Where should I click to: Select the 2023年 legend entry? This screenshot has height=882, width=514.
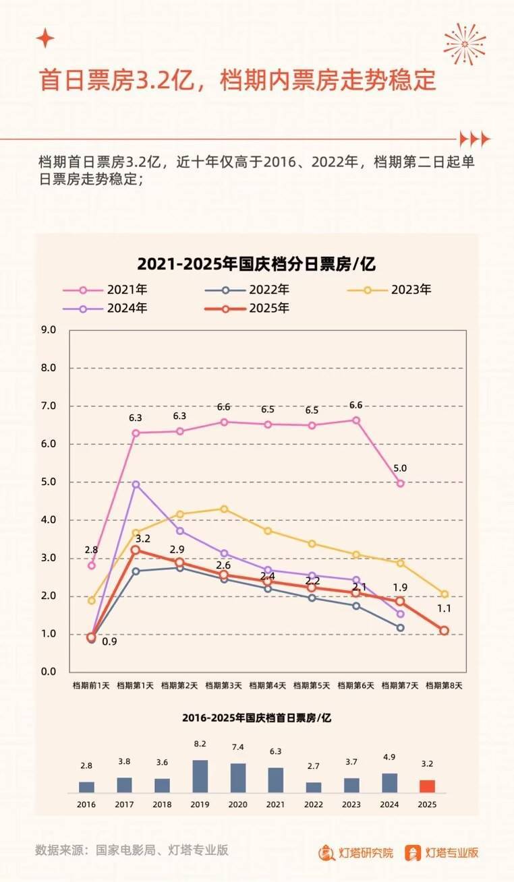pos(391,290)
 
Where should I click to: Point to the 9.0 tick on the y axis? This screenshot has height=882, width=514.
pos(48,330)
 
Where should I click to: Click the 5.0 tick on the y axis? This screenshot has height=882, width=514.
pos(48,482)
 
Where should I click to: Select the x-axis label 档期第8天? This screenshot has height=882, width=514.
pos(444,686)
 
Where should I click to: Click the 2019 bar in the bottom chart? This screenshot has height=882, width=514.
pos(200,776)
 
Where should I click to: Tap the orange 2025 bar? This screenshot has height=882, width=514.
pos(427,786)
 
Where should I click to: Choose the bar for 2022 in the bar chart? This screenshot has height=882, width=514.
pos(314,786)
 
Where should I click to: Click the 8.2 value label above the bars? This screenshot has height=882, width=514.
pos(200,745)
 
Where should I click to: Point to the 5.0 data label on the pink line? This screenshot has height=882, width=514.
pos(401,468)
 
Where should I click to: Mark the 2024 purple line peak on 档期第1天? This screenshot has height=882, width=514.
pos(136,484)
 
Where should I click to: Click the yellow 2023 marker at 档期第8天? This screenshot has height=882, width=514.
pos(445,594)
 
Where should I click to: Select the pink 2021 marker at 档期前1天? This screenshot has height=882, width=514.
pos(92,565)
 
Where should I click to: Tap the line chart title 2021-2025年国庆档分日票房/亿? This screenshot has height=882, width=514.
pos(256,263)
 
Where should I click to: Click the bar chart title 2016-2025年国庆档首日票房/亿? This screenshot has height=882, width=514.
pos(257,718)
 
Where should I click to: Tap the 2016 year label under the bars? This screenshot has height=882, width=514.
pos(86,805)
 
